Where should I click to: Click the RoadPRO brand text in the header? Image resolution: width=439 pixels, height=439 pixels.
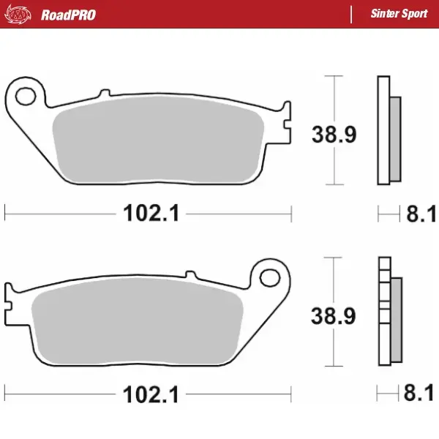(x=68, y=14)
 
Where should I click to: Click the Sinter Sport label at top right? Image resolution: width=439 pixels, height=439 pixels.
(x=399, y=14)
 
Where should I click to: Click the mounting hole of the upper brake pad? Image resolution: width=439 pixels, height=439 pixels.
(x=27, y=96)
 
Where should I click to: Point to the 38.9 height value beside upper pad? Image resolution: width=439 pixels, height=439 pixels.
(x=334, y=135)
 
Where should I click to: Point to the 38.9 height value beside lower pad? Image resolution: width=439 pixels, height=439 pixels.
(x=334, y=316)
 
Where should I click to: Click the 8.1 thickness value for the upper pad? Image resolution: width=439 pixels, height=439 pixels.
(x=421, y=214)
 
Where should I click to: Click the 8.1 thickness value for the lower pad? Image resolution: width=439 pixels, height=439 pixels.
(x=421, y=394)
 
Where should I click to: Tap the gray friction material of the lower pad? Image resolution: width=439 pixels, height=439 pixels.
(x=139, y=322)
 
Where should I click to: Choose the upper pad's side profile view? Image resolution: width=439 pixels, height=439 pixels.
(x=389, y=130)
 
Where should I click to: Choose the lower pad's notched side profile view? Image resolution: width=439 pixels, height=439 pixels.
(x=389, y=312)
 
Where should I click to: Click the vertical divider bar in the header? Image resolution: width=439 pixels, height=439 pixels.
(x=353, y=14)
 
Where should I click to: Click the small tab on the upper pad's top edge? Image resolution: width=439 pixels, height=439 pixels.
(x=103, y=93)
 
